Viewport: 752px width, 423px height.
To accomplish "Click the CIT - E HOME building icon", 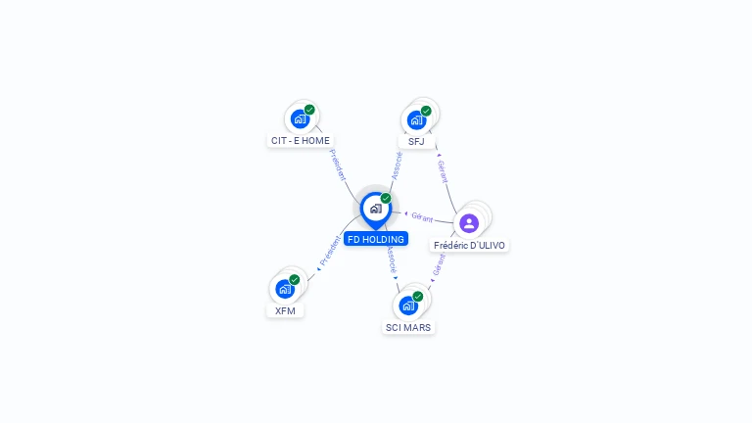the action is click(300, 118).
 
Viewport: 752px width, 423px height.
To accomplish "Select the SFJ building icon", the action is click(416, 119).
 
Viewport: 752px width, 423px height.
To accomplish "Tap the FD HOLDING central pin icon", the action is click(376, 211).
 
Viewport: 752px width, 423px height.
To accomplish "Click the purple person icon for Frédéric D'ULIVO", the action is click(469, 223).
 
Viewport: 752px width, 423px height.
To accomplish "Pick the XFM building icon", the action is click(285, 289).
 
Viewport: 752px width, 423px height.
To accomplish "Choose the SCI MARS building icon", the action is click(408, 305).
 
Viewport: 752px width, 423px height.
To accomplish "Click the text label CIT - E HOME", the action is click(301, 141).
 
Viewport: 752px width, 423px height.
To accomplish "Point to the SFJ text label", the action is click(416, 141).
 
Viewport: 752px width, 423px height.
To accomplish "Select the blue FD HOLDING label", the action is click(376, 239).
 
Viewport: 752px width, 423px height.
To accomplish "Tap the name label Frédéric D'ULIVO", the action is click(469, 245).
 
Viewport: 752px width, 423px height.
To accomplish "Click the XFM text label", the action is click(285, 310).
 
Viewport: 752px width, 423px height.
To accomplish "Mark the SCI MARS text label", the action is click(408, 328).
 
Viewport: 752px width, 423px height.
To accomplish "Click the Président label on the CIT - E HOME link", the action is click(338, 164).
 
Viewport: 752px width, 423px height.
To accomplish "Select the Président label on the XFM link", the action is click(330, 251).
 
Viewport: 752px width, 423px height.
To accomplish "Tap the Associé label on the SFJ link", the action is click(397, 165).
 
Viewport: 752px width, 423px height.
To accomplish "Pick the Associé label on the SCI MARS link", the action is click(392, 259).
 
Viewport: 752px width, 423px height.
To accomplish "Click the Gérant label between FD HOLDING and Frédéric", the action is click(422, 217).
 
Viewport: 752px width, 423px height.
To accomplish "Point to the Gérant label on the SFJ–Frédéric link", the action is click(443, 171).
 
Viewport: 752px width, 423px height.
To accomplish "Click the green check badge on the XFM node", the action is click(295, 280).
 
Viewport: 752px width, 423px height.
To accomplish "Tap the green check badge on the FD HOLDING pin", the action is click(386, 198).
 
